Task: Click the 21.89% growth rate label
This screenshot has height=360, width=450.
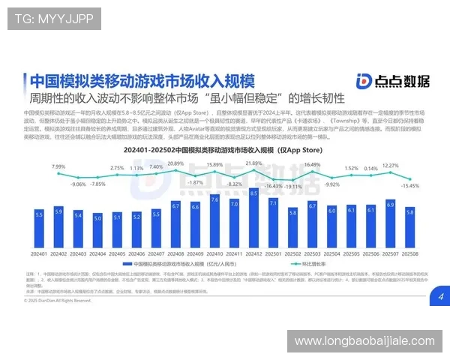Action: pos(253,163)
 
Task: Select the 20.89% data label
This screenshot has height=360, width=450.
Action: pos(175,163)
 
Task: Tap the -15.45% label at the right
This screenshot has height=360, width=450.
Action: pos(409,184)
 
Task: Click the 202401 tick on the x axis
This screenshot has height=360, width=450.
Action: pos(39,255)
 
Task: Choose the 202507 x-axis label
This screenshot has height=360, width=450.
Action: pos(390,255)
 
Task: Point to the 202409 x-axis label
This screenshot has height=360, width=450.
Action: pos(195,255)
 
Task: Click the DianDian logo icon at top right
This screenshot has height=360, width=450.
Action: pos(364,82)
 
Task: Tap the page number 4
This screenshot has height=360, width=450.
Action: pos(441,297)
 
